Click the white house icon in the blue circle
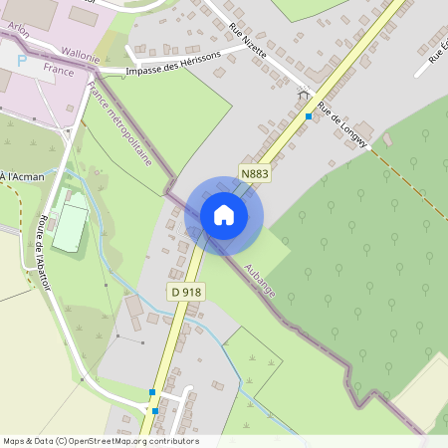[x=224, y=215]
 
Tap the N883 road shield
[x=255, y=173]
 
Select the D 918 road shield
[x=185, y=292]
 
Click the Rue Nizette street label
[x=247, y=40]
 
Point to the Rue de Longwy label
[x=341, y=123]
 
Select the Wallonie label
[x=80, y=52]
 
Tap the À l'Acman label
[x=22, y=176]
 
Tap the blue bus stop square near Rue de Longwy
[x=309, y=116]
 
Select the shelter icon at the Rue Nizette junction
[x=302, y=94]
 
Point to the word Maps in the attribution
[x=14, y=441]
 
